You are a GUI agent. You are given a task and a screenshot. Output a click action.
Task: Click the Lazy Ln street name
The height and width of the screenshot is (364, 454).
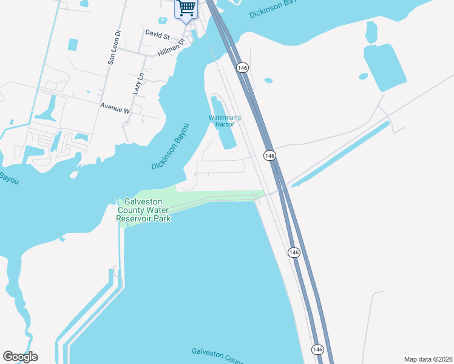point(137,83)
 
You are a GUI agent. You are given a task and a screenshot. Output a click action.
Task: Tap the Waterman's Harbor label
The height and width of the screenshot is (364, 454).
point(225,121)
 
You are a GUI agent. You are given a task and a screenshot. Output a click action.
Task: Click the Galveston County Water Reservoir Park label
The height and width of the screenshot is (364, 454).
point(144,210)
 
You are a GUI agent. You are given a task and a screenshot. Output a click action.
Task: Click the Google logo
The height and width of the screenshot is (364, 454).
point(20,357)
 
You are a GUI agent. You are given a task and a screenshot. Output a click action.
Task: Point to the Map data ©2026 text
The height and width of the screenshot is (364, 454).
point(427,359)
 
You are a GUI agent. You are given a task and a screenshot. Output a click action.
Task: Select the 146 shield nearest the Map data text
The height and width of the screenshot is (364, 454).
point(317,349)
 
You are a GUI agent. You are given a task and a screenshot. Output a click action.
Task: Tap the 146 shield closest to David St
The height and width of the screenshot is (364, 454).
point(242,68)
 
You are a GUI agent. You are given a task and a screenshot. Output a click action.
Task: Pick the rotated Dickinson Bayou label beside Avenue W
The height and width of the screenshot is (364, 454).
point(171,146)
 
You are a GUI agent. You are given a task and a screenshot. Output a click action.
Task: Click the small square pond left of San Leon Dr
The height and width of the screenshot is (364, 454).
point(73,44)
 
